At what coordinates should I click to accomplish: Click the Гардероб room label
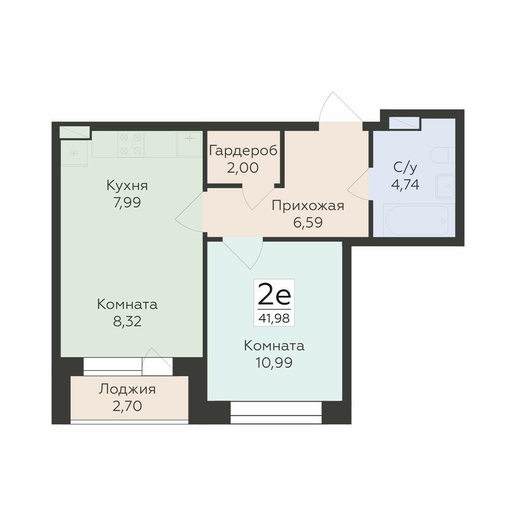(x=243, y=150)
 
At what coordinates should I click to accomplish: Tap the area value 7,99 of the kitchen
(x=127, y=203)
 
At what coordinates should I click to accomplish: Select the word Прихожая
(x=308, y=205)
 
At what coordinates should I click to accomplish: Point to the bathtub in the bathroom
(x=417, y=221)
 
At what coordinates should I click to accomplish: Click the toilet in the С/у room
(x=443, y=155)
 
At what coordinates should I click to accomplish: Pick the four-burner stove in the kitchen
(x=130, y=144)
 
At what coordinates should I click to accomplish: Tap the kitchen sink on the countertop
(x=189, y=144)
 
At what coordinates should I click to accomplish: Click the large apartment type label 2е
(x=274, y=295)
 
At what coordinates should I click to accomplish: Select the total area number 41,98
(x=274, y=318)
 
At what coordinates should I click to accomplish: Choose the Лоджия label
(x=127, y=389)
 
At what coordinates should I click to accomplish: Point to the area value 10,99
(x=274, y=363)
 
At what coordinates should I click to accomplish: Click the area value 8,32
(x=128, y=321)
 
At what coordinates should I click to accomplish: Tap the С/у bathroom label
(x=405, y=168)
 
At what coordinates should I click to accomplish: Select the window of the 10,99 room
(x=276, y=412)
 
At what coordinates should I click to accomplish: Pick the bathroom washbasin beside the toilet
(x=446, y=186)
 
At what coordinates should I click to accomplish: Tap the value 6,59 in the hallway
(x=308, y=223)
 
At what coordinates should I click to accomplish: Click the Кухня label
(x=127, y=185)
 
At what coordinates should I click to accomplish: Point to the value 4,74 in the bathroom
(x=405, y=184)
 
